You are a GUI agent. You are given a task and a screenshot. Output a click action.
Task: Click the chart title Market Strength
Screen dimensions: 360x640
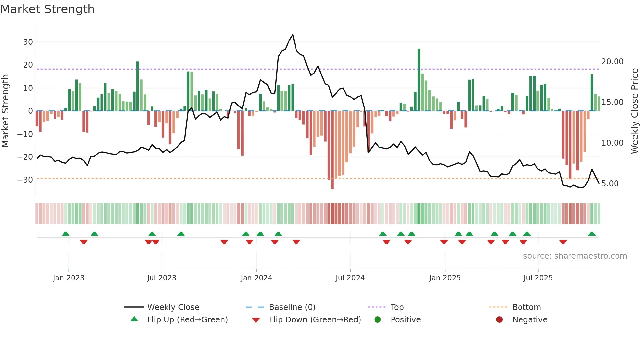(x=47, y=9)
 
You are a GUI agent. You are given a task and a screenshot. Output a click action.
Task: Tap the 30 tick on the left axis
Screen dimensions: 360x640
(x=28, y=42)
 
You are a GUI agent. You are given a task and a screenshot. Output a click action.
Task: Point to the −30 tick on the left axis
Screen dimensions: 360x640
(x=25, y=180)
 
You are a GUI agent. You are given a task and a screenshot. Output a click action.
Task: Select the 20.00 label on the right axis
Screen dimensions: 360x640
(x=612, y=62)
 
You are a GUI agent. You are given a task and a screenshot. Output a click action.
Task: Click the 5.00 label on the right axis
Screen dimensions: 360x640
(x=610, y=184)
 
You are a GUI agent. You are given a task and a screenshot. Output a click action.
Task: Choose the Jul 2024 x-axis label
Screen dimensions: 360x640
(x=350, y=278)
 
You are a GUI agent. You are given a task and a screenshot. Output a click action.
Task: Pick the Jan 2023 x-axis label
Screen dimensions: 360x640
(x=68, y=278)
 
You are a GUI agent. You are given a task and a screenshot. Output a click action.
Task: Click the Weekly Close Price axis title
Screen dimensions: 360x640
(x=634, y=111)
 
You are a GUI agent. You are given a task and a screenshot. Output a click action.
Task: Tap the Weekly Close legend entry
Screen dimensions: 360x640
(x=173, y=307)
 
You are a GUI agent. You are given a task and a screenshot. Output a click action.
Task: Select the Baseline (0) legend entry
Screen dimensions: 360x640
(x=292, y=307)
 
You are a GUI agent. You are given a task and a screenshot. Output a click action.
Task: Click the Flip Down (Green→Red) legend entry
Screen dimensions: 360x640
(x=314, y=320)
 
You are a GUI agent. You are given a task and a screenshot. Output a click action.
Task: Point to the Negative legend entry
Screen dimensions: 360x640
(x=529, y=320)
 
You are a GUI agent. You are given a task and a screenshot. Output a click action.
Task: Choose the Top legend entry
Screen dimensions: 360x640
(x=397, y=307)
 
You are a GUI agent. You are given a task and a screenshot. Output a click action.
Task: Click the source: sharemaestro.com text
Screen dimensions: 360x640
(x=575, y=256)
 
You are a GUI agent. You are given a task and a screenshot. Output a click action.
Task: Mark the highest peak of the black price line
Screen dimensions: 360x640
(x=293, y=35)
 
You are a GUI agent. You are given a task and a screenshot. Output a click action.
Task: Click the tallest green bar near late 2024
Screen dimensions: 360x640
(x=419, y=80)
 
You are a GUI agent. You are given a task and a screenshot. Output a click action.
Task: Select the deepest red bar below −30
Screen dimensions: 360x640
(x=332, y=150)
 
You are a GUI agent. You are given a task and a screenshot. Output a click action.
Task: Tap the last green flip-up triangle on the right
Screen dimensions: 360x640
(x=592, y=234)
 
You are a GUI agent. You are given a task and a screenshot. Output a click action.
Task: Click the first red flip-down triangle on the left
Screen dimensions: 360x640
(x=84, y=242)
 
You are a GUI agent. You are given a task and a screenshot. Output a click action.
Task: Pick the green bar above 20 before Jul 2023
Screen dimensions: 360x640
(x=138, y=87)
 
